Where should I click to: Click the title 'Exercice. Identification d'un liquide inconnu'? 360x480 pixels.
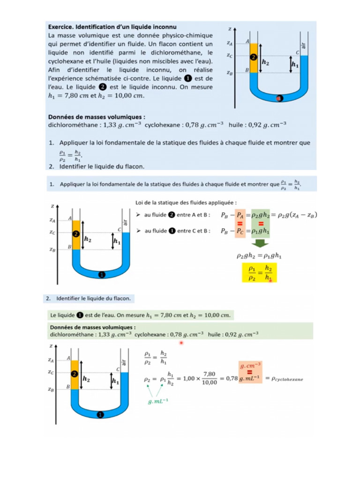coord(113,27)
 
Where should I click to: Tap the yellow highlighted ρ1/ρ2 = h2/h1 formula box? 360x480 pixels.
coord(259,272)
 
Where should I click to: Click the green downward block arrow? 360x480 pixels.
coord(259,244)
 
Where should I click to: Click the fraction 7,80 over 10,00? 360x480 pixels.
coord(210,378)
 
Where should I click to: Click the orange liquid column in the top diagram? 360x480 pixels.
coord(254,58)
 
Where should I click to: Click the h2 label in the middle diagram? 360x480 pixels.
coord(87,239)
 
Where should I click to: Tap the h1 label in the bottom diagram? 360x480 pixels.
coord(115,382)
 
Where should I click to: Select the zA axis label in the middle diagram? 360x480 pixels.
coord(52,219)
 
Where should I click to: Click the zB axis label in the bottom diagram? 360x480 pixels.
coord(52,389)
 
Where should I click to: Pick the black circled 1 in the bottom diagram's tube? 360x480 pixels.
coord(99,414)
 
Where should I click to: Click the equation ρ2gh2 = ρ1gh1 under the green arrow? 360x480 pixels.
coord(259,255)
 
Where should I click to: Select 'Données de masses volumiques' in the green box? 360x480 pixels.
coord(93,327)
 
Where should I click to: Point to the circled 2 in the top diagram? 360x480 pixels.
coord(254,57)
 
